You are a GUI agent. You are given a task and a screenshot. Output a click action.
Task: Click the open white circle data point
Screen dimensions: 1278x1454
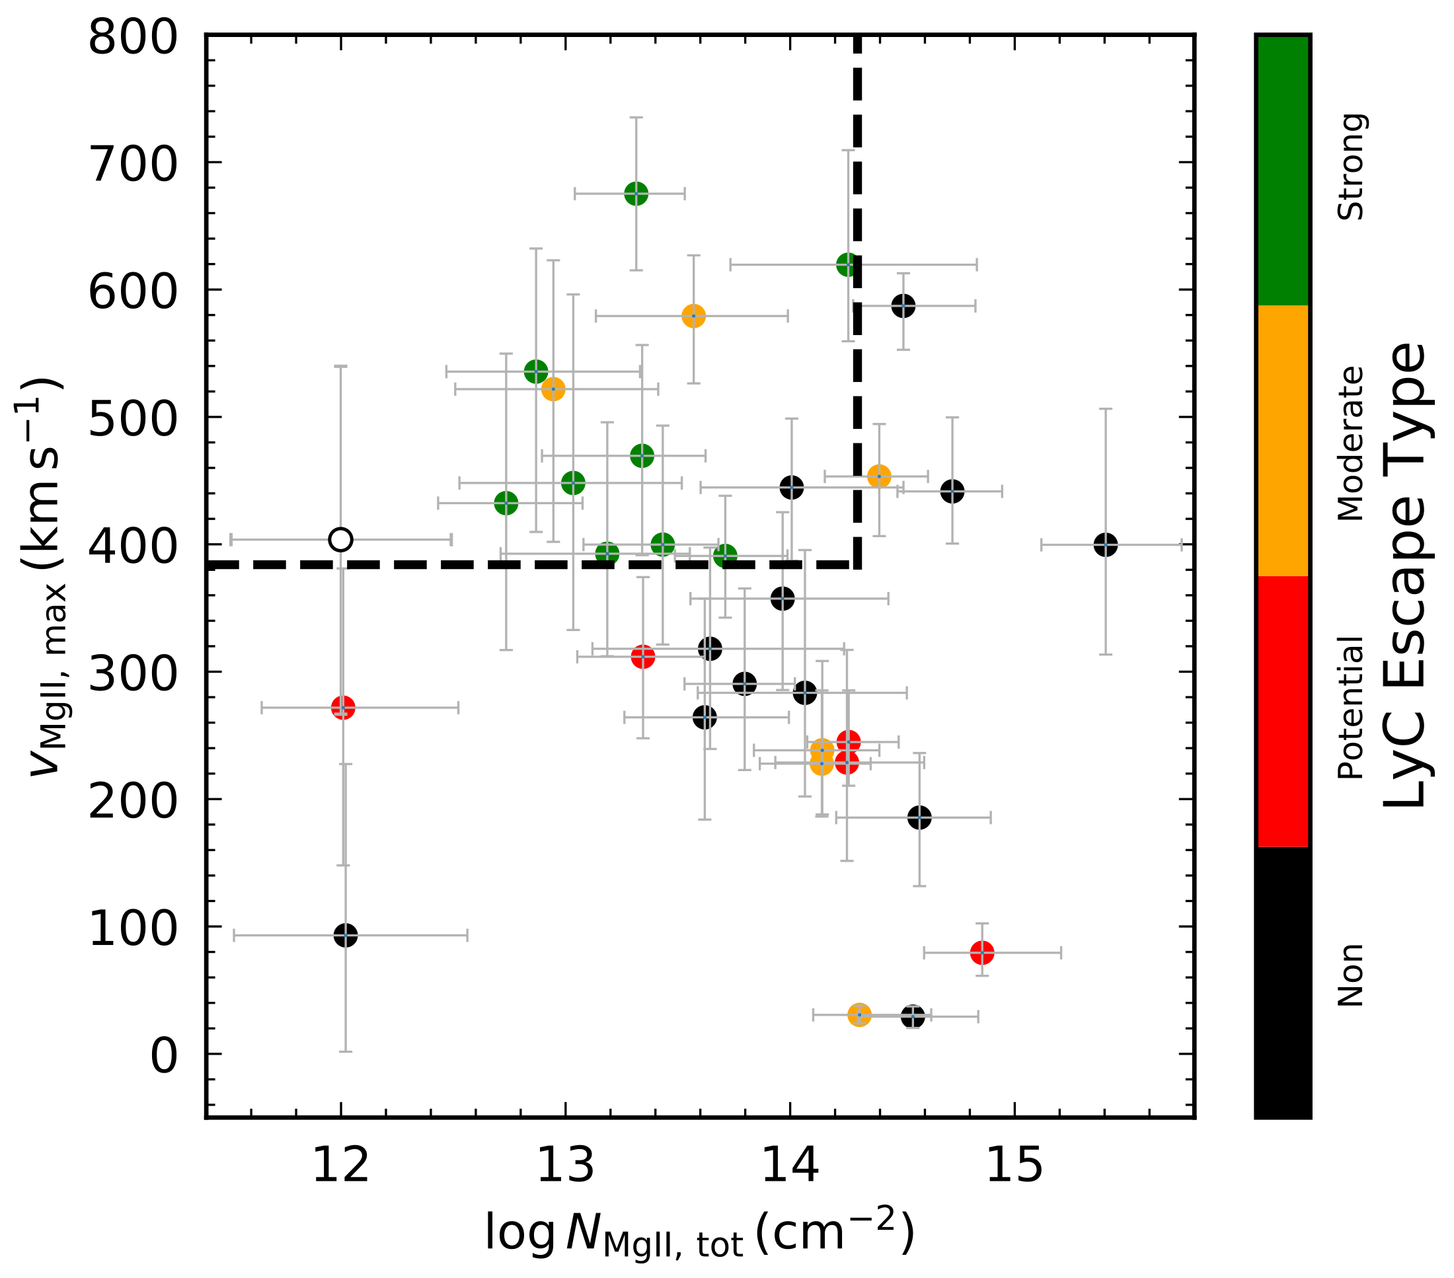pyautogui.click(x=341, y=540)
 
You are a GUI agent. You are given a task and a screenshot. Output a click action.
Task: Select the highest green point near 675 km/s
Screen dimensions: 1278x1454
pyautogui.click(x=636, y=194)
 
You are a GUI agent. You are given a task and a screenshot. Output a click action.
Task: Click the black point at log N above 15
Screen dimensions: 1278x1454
pyautogui.click(x=1105, y=545)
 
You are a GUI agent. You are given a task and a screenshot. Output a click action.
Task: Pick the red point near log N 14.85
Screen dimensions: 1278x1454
pyautogui.click(x=981, y=953)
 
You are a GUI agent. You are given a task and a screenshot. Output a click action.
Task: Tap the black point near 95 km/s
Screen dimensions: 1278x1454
pyautogui.click(x=345, y=935)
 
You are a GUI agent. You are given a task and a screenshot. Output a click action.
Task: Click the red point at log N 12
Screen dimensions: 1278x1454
pyautogui.click(x=343, y=708)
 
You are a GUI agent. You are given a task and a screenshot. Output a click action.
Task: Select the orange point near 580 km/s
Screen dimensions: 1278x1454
pyautogui.click(x=693, y=317)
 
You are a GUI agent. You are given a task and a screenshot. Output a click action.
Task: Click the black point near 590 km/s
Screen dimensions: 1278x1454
pyautogui.click(x=903, y=307)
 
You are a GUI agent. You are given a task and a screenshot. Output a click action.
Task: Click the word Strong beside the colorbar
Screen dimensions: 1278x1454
pyautogui.click(x=1351, y=167)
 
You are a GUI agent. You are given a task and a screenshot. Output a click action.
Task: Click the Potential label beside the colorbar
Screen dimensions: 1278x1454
pyautogui.click(x=1351, y=708)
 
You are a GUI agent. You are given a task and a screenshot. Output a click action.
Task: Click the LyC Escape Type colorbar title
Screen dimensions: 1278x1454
pyautogui.click(x=1405, y=576)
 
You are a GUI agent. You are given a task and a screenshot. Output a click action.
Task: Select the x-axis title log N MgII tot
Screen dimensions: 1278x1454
pyautogui.click(x=699, y=1234)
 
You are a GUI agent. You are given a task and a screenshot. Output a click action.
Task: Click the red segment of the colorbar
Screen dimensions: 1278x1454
pyautogui.click(x=1283, y=711)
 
